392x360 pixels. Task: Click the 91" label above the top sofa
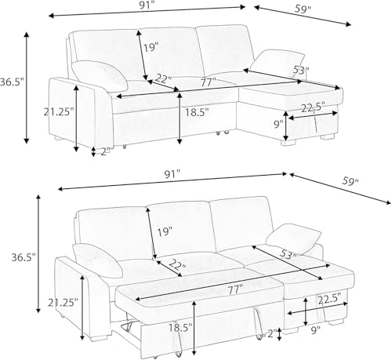pyautogui.click(x=146, y=5)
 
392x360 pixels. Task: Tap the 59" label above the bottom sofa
pyautogui.click(x=350, y=181)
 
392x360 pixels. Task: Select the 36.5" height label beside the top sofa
pyautogui.click(x=12, y=82)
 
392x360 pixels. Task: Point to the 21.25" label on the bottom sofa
pyautogui.click(x=63, y=303)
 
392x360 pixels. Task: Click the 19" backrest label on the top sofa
pyautogui.click(x=151, y=48)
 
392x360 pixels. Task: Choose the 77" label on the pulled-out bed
pyautogui.click(x=235, y=290)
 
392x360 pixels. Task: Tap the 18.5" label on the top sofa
pyautogui.click(x=197, y=112)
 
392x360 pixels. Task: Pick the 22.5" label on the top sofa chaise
pyautogui.click(x=313, y=108)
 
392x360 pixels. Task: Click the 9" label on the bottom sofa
pyautogui.click(x=316, y=331)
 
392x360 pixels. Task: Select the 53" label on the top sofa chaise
pyautogui.click(x=301, y=70)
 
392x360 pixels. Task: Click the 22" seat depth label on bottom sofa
pyautogui.click(x=177, y=266)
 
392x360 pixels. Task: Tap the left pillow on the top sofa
pyautogui.click(x=100, y=76)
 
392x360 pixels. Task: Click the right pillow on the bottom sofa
pyautogui.click(x=293, y=238)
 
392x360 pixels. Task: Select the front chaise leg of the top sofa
pyautogui.click(x=289, y=143)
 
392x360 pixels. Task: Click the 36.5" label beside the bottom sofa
pyautogui.click(x=24, y=257)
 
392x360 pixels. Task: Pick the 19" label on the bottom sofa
pyautogui.click(x=165, y=232)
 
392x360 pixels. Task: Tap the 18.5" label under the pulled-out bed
pyautogui.click(x=180, y=328)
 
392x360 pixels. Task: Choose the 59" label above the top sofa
pyautogui.click(x=303, y=9)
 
